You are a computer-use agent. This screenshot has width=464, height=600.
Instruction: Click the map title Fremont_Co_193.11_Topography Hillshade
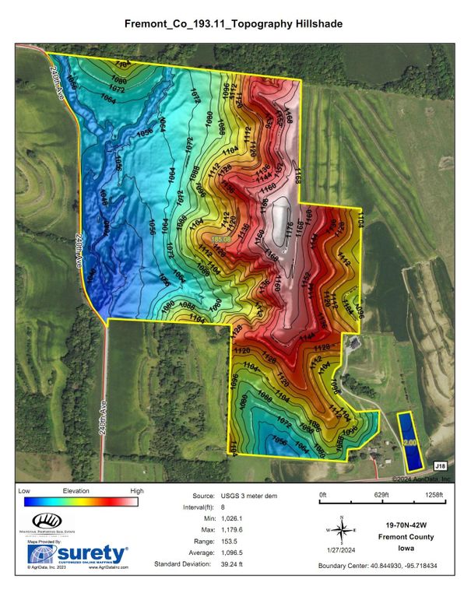pyautogui.click(x=232, y=24)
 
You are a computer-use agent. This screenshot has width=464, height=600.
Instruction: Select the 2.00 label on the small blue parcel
pyautogui.click(x=410, y=443)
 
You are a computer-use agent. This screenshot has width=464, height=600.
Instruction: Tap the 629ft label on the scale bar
pyautogui.click(x=381, y=495)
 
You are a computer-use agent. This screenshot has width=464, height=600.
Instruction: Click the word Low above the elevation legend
pyautogui.click(x=24, y=492)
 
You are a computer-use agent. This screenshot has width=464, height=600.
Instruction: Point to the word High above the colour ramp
pyautogui.click(x=137, y=492)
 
